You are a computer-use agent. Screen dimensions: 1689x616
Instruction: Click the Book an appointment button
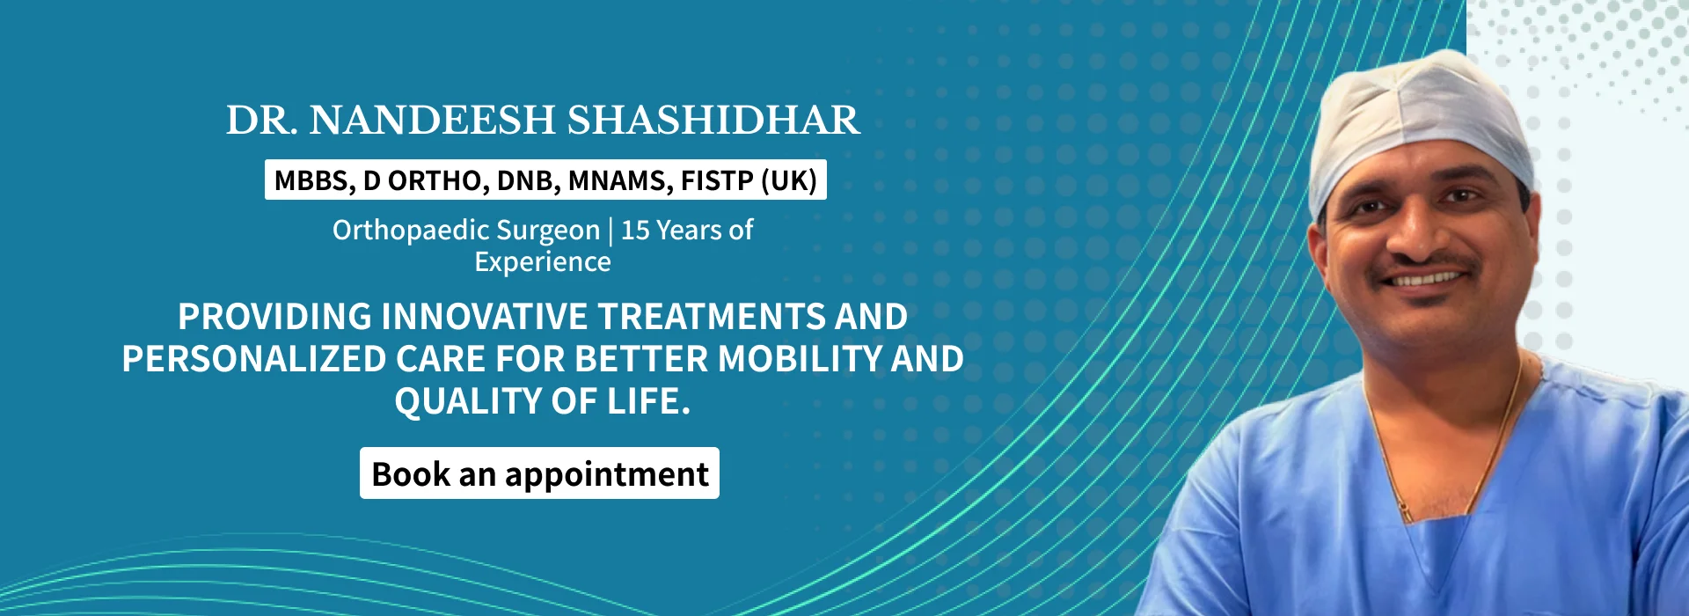[x=539, y=473]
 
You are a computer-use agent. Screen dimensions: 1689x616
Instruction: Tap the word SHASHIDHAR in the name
[x=713, y=121]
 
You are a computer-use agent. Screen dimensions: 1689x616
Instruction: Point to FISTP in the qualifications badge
[x=717, y=180]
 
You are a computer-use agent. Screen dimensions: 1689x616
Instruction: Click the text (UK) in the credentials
[x=789, y=180]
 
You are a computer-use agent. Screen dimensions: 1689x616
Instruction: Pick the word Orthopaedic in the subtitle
[x=410, y=231]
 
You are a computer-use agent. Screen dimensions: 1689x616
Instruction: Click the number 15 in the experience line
[x=635, y=230]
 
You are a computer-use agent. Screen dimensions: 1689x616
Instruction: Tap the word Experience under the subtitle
[x=543, y=262]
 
